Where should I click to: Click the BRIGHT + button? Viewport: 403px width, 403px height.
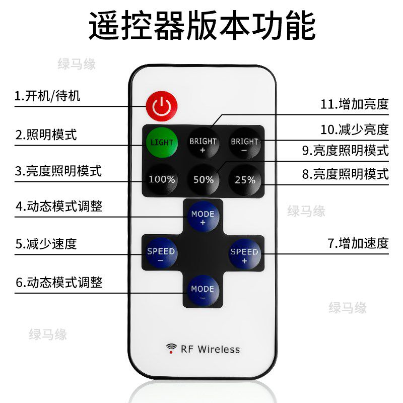click(x=203, y=145)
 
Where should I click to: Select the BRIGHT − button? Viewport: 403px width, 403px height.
click(x=244, y=145)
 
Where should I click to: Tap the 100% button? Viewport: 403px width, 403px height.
click(x=162, y=179)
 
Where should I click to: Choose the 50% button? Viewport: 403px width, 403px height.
click(x=203, y=179)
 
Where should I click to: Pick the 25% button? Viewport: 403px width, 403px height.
click(x=245, y=179)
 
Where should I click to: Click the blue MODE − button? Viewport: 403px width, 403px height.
click(x=203, y=292)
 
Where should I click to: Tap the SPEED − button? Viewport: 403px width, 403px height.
click(x=161, y=254)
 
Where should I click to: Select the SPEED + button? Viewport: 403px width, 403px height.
click(x=244, y=254)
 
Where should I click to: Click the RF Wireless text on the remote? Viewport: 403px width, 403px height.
click(x=210, y=349)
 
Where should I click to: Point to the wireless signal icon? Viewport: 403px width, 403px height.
click(x=172, y=348)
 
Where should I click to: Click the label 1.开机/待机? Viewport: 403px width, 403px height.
click(x=47, y=96)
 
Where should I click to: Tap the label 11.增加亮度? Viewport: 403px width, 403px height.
click(x=355, y=104)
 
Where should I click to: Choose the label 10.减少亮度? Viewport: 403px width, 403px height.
click(x=355, y=129)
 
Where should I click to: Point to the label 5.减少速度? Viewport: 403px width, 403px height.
click(x=46, y=244)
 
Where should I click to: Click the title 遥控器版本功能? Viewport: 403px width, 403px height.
click(x=202, y=26)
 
